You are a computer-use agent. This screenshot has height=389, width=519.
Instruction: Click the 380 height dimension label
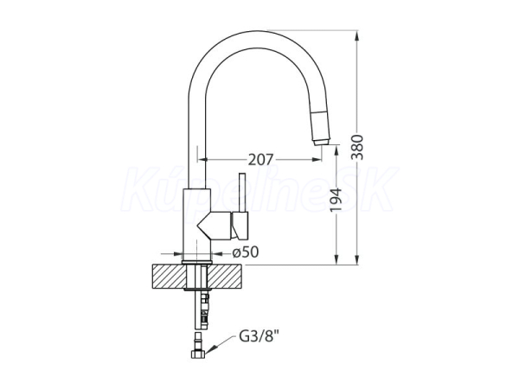click(357, 147)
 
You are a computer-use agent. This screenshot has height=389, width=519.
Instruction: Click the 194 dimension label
click(336, 201)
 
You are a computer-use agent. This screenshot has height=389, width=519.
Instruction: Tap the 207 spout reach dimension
click(261, 160)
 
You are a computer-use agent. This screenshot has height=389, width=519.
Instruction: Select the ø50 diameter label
click(246, 252)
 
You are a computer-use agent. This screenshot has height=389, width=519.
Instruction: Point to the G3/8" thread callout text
click(259, 337)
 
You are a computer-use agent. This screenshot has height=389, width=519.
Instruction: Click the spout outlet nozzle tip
click(321, 143)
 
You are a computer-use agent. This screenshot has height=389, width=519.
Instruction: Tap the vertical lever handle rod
click(242, 193)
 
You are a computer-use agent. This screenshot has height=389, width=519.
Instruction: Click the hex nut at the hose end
click(198, 354)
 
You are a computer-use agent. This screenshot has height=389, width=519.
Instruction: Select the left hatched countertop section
click(170, 277)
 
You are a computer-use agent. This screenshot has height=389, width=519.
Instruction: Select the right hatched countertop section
click(225, 277)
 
